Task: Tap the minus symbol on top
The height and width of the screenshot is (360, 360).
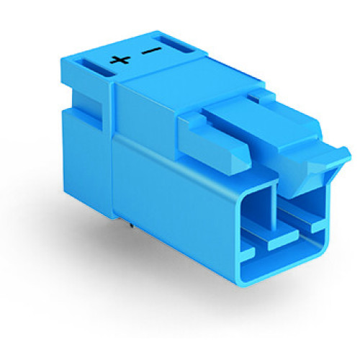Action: pyautogui.click(x=150, y=51)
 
